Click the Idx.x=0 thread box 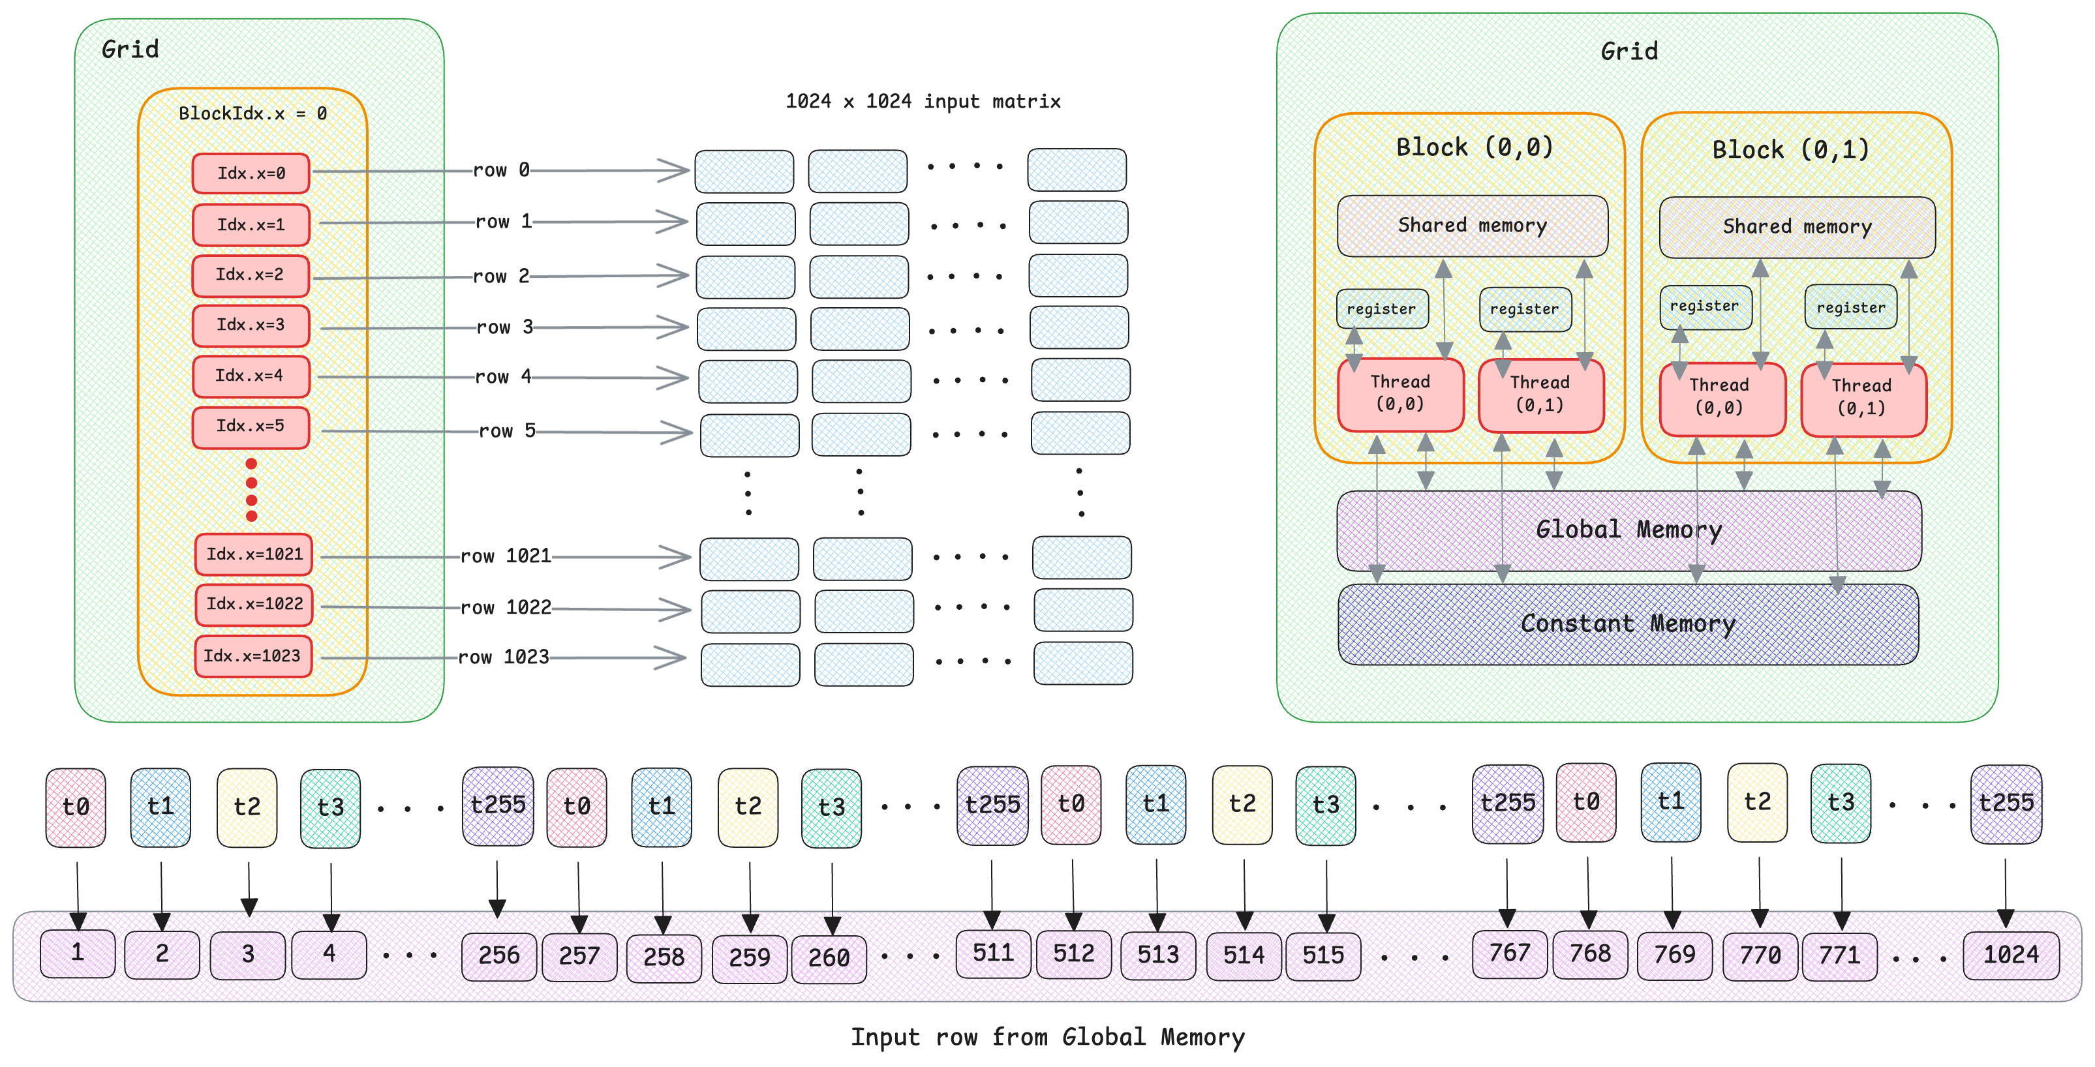pyautogui.click(x=251, y=173)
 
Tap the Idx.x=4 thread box pyautogui.click(x=251, y=376)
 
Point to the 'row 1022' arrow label pyautogui.click(x=505, y=607)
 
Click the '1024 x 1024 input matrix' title pyautogui.click(x=923, y=102)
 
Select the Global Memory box pyautogui.click(x=1629, y=530)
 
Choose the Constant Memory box pyautogui.click(x=1629, y=624)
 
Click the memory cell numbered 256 pyautogui.click(x=498, y=954)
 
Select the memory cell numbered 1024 pyautogui.click(x=2010, y=953)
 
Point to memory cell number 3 pyautogui.click(x=248, y=953)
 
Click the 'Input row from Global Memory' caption pyautogui.click(x=1048, y=1037)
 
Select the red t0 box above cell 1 pyautogui.click(x=76, y=806)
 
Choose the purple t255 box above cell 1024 pyautogui.click(x=2006, y=804)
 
